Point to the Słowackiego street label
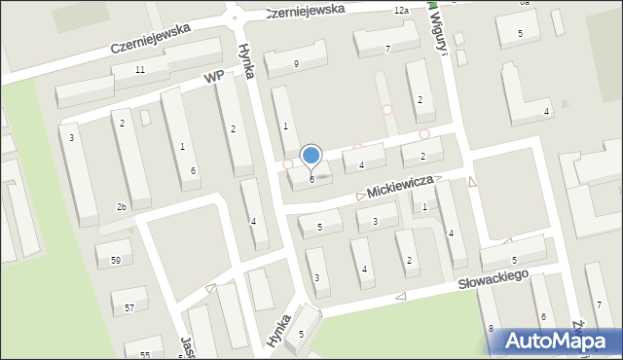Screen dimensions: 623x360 [494, 279]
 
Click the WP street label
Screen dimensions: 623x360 [214, 77]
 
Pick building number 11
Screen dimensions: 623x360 [140, 70]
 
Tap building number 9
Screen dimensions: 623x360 [296, 64]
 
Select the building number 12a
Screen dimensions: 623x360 [401, 9]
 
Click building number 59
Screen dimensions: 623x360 [115, 260]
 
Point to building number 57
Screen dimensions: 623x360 [129, 308]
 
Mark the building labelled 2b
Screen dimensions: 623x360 [122, 207]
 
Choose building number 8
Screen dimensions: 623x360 [491, 329]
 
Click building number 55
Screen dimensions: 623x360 [144, 355]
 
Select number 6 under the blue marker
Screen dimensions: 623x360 [311, 179]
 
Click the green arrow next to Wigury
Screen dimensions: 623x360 [432, 5]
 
